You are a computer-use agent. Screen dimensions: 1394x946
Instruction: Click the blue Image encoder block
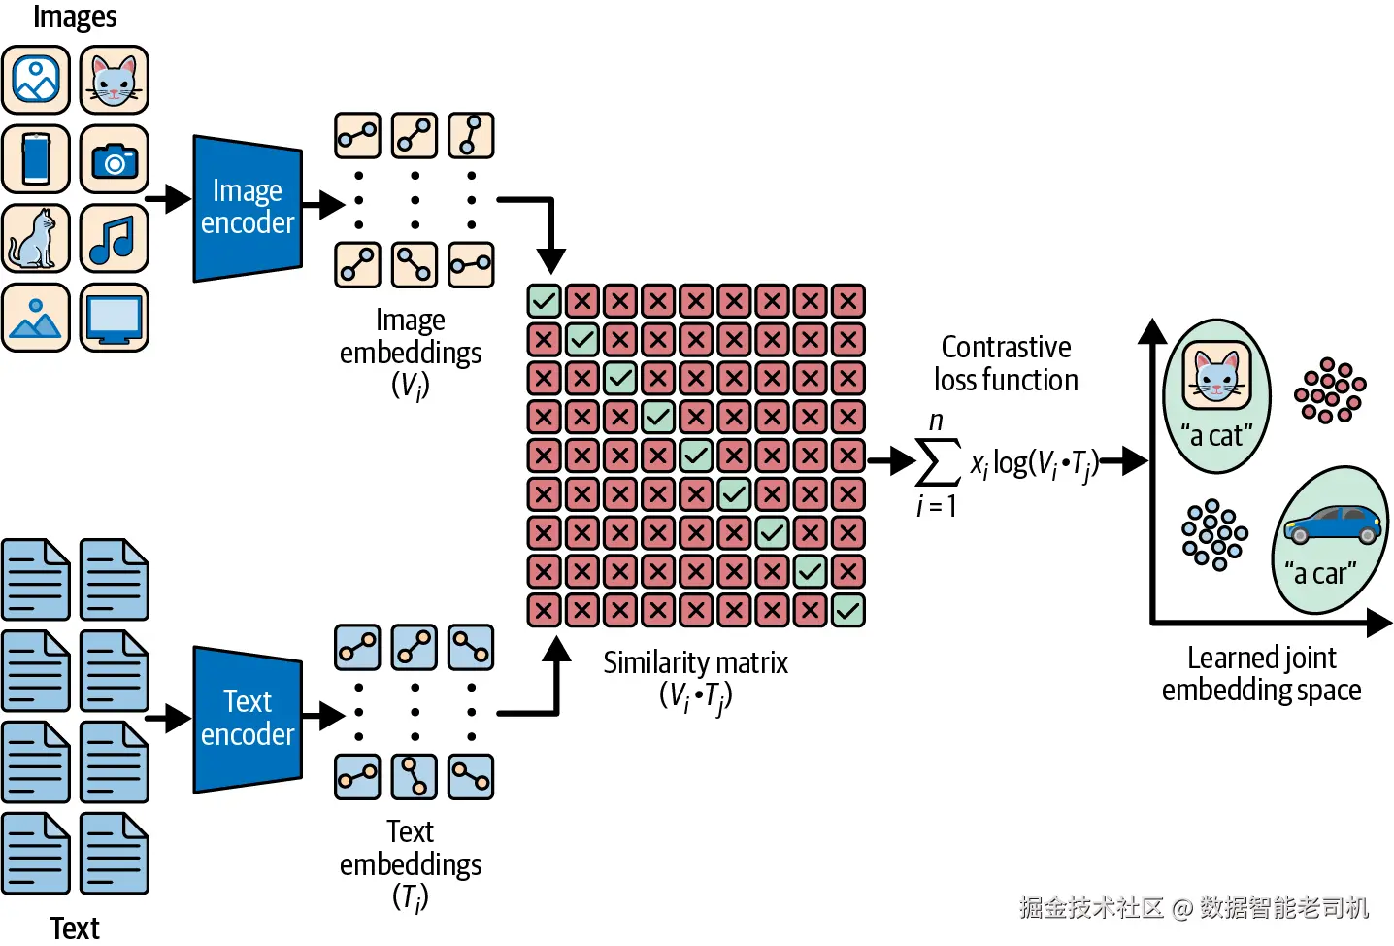pyautogui.click(x=248, y=208)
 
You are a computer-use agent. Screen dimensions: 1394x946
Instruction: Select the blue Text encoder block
pyautogui.click(x=248, y=720)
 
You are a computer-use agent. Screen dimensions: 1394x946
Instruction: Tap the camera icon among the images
pyautogui.click(x=115, y=159)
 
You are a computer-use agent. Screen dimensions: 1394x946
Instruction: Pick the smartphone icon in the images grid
pyautogui.click(x=36, y=159)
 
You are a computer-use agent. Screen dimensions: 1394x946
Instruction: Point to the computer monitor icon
pyautogui.click(x=115, y=318)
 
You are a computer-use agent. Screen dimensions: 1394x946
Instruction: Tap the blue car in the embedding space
pyautogui.click(x=1332, y=524)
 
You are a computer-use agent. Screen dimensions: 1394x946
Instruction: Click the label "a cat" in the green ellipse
pyautogui.click(x=1216, y=435)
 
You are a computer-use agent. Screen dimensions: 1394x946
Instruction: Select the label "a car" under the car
pyautogui.click(x=1320, y=573)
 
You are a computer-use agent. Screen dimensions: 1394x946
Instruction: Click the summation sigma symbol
pyautogui.click(x=938, y=461)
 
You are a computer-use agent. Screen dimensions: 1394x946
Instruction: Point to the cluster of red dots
pyautogui.click(x=1330, y=390)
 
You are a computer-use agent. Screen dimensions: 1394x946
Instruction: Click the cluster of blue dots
pyautogui.click(x=1214, y=534)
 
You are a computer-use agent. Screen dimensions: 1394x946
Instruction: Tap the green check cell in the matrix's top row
pyautogui.click(x=544, y=301)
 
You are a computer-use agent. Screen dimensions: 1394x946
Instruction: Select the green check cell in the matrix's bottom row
pyautogui.click(x=848, y=610)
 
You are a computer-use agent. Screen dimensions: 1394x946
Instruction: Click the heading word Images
pyautogui.click(x=75, y=17)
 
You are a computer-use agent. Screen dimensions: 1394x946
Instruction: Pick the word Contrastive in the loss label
pyautogui.click(x=1006, y=347)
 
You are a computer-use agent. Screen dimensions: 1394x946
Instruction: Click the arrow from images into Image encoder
pyautogui.click(x=168, y=199)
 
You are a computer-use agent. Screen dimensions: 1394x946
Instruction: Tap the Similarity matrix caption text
pyautogui.click(x=695, y=662)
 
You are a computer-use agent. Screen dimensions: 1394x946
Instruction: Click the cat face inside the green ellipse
pyautogui.click(x=1216, y=375)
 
